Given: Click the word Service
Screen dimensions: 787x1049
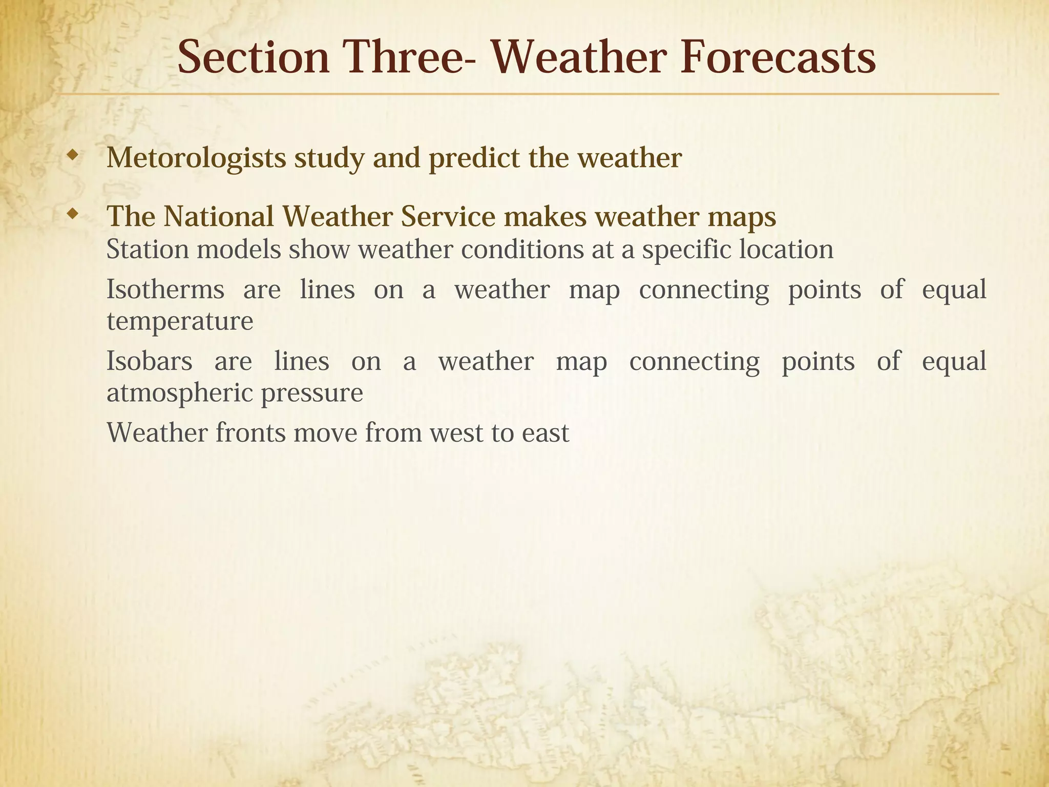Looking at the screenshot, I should click(x=448, y=217).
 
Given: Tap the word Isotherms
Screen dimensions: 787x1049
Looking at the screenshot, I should click(x=165, y=289).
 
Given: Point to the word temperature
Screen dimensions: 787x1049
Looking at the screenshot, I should click(x=180, y=322).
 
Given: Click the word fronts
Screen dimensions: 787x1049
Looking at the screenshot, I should click(x=250, y=433).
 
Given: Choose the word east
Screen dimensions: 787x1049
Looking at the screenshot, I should click(x=545, y=433).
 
